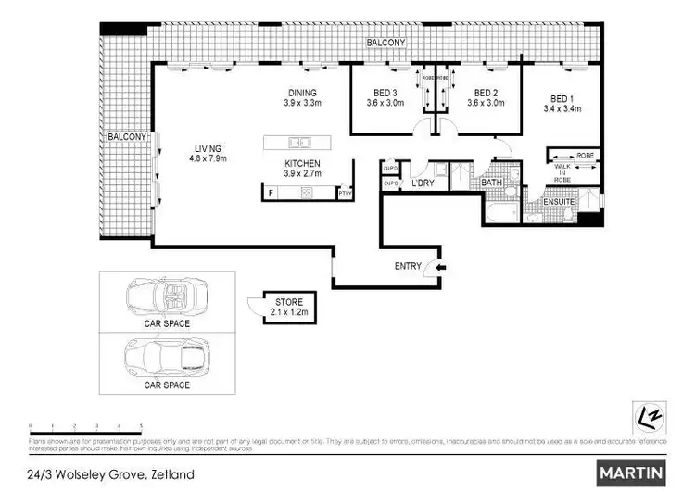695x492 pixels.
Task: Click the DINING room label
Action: pyautogui.click(x=302, y=93)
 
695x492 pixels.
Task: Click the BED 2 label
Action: pyautogui.click(x=487, y=93)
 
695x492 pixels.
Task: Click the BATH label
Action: pyautogui.click(x=491, y=183)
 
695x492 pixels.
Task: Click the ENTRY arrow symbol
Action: pyautogui.click(x=440, y=267)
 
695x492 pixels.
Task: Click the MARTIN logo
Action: pyautogui.click(x=632, y=472)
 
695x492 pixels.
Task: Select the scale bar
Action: pyautogui.click(x=85, y=425)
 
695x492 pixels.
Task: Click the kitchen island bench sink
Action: pyautogui.click(x=298, y=142)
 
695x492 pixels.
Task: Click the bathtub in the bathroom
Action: pyautogui.click(x=497, y=213)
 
